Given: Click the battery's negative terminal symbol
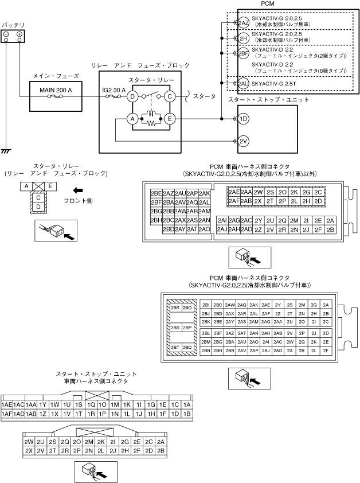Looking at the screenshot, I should pyautogui.click(x=6, y=34).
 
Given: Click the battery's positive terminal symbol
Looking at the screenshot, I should pyautogui.click(x=19, y=34).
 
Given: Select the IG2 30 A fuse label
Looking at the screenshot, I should pyautogui.click(x=115, y=90).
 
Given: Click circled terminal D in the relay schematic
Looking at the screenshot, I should pyautogui.click(x=132, y=96).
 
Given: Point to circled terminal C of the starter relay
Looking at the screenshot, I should pyautogui.click(x=170, y=96).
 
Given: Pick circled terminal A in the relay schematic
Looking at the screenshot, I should pyautogui.click(x=132, y=119).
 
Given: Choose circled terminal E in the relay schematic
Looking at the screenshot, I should pyautogui.click(x=170, y=119).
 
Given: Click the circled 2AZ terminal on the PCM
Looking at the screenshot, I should pyautogui.click(x=244, y=23).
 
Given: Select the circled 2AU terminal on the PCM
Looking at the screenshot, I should pyautogui.click(x=244, y=84).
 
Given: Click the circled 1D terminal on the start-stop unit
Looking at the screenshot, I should pyautogui.click(x=244, y=119).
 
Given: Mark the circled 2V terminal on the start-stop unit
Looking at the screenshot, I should pyautogui.click(x=244, y=141).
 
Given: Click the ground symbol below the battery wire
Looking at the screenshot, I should pyautogui.click(x=6, y=151).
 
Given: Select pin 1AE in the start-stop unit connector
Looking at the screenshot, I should pyautogui.click(x=7, y=404).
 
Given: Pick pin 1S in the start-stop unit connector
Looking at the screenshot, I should pyautogui.click(x=79, y=404).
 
